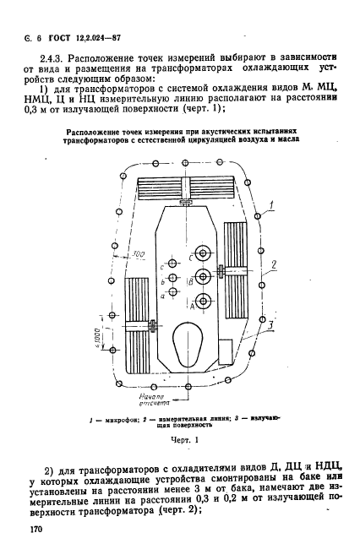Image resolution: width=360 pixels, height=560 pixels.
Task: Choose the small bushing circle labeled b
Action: point(172,276)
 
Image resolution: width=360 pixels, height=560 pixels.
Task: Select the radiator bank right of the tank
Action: point(239,269)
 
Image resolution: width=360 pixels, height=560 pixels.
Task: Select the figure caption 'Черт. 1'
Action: point(183,439)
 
